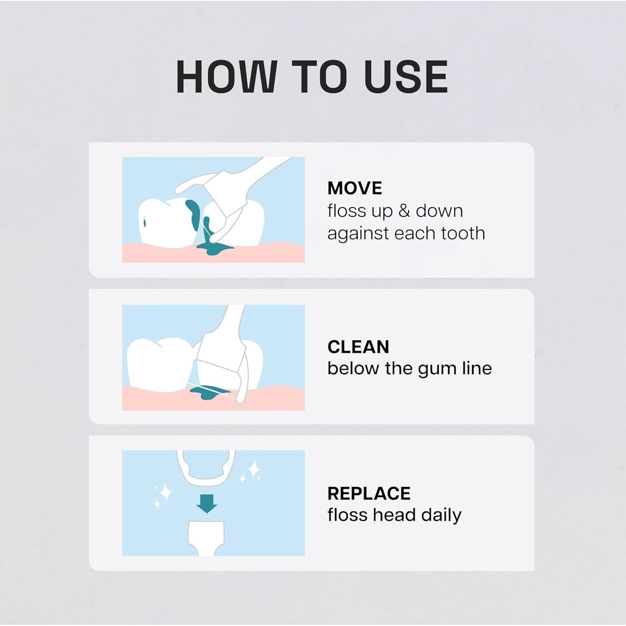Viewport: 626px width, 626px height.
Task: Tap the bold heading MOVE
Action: pos(354,188)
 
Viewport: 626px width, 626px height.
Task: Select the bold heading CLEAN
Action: pos(358,347)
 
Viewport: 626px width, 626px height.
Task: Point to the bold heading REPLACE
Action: pos(369,493)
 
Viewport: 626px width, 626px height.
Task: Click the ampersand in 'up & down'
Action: pos(404,211)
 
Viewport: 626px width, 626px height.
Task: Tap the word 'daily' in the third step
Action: pos(441,515)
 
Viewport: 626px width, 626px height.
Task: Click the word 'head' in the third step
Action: pos(394,515)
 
